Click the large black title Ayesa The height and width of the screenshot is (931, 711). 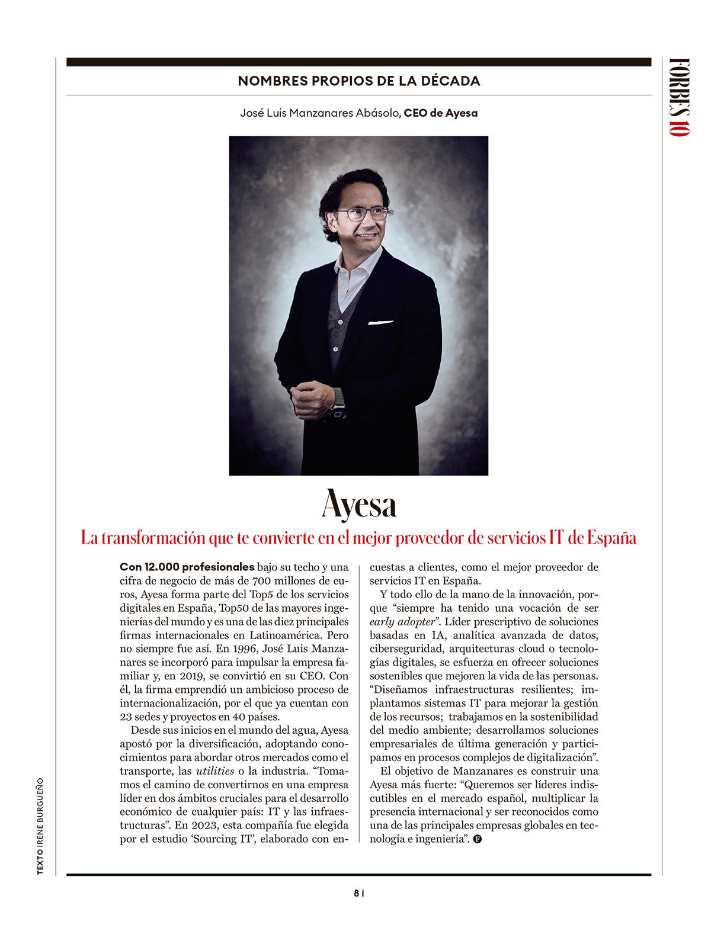click(x=358, y=506)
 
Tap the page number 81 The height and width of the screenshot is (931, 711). click(x=358, y=894)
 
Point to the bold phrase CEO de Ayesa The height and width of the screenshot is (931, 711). click(x=440, y=113)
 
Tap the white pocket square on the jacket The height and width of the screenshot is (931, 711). click(x=380, y=323)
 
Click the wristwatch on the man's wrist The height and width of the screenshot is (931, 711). click(x=339, y=404)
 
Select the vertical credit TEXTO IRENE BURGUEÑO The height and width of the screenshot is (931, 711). click(x=40, y=826)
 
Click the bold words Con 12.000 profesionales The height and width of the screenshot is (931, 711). click(x=187, y=567)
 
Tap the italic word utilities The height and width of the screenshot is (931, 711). click(x=215, y=771)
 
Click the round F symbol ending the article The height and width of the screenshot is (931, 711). click(x=478, y=839)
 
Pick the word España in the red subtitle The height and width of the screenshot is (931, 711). click(x=611, y=538)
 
